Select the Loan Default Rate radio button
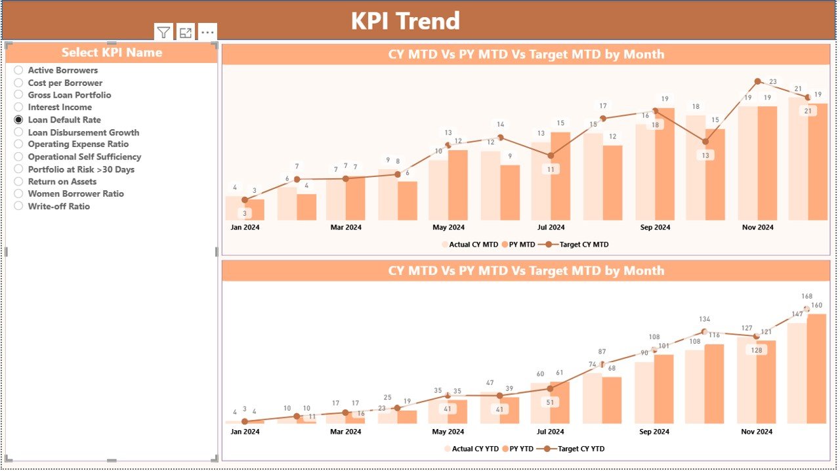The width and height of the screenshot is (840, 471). point(18,120)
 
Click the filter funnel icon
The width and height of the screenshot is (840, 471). point(163,32)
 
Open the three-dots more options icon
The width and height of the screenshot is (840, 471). point(207,32)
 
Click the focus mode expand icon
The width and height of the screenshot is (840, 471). point(186,32)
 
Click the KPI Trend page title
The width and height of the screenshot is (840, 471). point(405,21)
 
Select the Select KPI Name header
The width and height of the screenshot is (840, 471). point(112,52)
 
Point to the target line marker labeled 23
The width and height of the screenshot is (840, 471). point(757,81)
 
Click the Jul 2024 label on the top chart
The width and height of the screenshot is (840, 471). point(551,228)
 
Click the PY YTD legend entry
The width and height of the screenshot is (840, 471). point(522,449)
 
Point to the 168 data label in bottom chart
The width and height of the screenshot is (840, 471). point(807,297)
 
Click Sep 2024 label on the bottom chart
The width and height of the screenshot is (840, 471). point(654,432)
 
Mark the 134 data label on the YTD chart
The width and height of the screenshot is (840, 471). point(704,319)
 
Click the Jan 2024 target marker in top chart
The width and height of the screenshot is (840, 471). point(245,200)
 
